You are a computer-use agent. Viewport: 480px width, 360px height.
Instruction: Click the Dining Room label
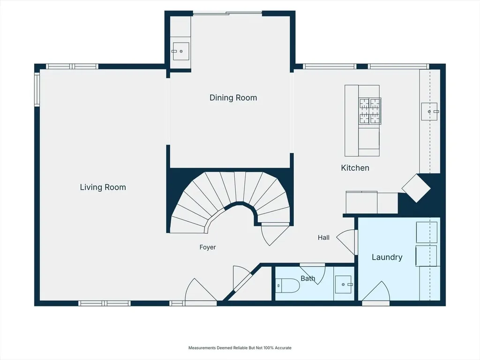[233, 98]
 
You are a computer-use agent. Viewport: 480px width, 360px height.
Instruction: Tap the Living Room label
[103, 187]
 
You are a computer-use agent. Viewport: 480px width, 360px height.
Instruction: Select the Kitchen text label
[355, 168]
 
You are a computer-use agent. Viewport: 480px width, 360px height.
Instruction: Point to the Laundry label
[387, 257]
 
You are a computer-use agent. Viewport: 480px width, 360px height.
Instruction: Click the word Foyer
[208, 247]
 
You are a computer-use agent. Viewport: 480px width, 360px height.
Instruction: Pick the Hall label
[323, 238]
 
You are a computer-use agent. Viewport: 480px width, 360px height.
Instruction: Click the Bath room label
[308, 278]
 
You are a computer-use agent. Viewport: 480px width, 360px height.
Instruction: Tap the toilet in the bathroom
[287, 285]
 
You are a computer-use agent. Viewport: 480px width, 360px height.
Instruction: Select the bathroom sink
[344, 285]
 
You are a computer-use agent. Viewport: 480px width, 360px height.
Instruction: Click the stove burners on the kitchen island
[370, 111]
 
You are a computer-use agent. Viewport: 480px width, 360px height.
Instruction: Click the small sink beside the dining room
[180, 52]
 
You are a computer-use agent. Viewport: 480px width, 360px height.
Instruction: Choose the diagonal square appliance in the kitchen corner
[416, 188]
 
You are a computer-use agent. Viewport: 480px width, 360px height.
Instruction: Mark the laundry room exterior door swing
[376, 293]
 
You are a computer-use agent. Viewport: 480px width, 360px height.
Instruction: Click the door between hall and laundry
[347, 242]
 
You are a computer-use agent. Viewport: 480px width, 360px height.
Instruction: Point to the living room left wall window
[37, 89]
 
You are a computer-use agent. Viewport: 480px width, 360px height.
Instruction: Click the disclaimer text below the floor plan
[240, 348]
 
